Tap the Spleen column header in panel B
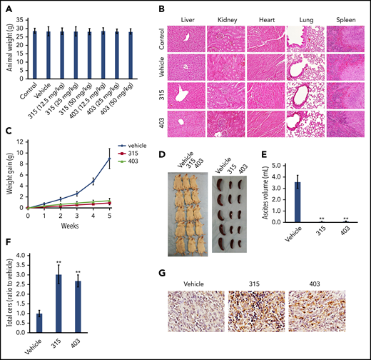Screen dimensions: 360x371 tap(341, 14)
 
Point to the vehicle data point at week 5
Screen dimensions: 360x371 tap(109, 159)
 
